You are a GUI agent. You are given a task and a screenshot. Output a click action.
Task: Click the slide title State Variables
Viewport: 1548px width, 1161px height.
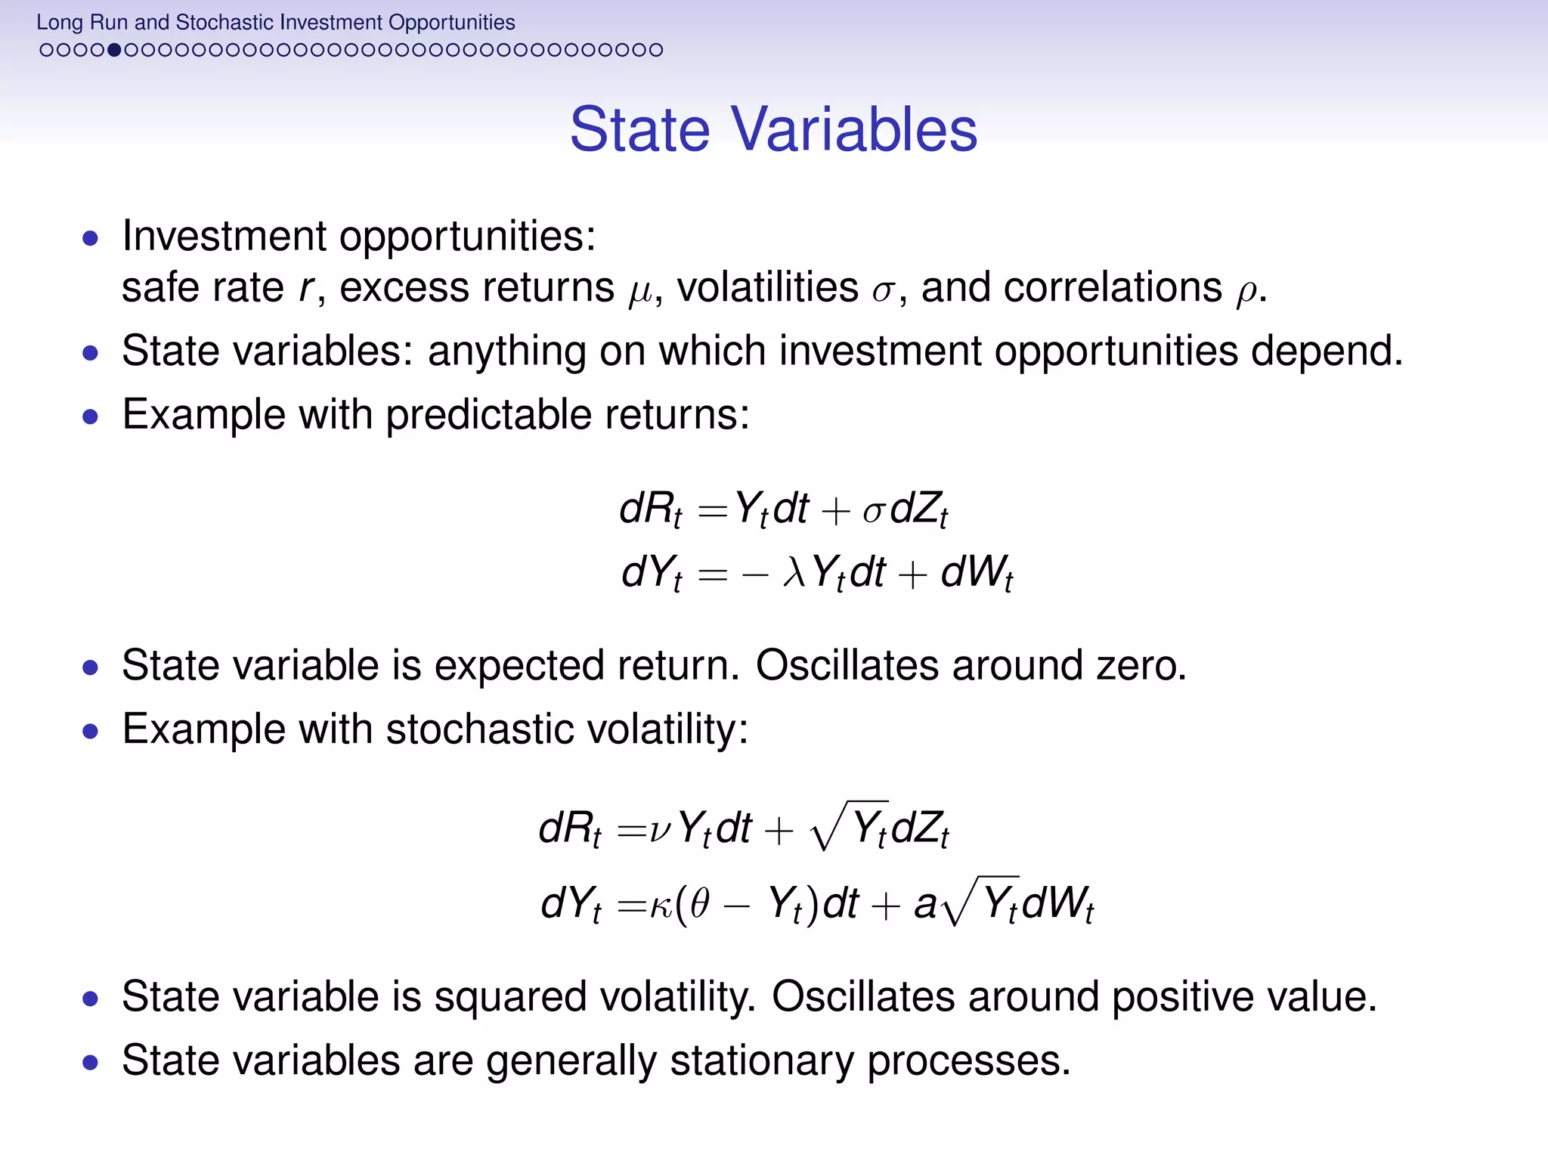point(773,129)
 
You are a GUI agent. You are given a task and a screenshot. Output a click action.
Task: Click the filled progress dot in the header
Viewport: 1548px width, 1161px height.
point(114,51)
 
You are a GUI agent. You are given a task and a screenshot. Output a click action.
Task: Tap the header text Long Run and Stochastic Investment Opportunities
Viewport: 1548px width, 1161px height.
point(275,23)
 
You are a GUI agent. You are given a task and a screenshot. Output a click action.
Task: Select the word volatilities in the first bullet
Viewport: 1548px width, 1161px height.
point(767,287)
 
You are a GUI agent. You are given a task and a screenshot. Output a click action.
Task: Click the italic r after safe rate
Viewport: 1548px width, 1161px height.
point(305,289)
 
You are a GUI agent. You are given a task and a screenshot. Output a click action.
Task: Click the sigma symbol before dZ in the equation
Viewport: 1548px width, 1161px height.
point(873,511)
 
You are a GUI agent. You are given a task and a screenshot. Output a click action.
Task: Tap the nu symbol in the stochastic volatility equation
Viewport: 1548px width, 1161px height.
point(659,829)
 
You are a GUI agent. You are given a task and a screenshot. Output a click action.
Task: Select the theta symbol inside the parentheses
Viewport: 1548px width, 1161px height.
point(699,903)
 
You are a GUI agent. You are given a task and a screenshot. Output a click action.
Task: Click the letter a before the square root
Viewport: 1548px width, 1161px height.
point(924,906)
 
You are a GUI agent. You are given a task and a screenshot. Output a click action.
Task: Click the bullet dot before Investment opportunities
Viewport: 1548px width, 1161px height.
point(91,240)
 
